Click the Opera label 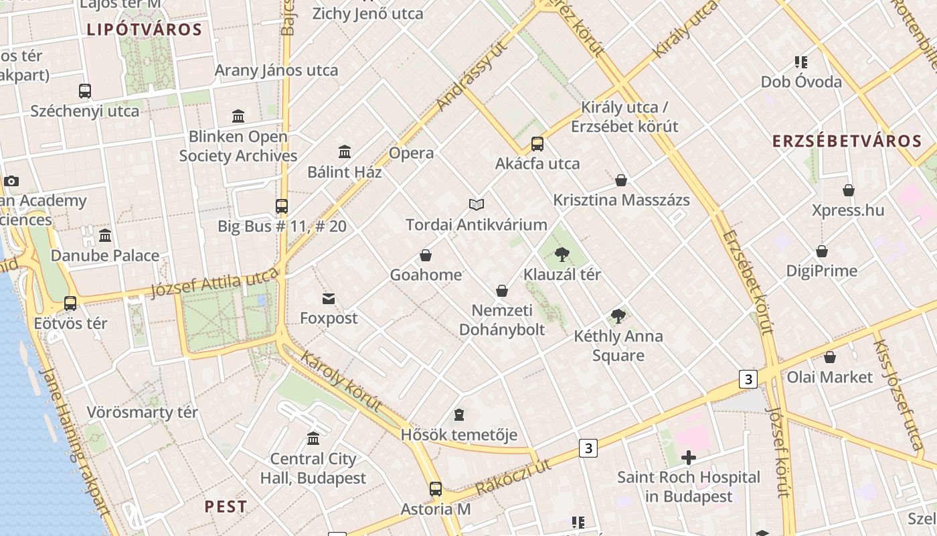[x=411, y=153]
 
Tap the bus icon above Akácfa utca [x=537, y=144]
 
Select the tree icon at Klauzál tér [x=562, y=255]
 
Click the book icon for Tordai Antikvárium [x=476, y=204]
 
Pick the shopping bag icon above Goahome [x=426, y=255]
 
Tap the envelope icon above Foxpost [x=329, y=299]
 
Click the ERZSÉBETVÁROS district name [x=847, y=141]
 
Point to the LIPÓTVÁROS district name [x=145, y=29]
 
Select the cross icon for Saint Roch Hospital [x=688, y=458]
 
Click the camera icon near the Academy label [x=11, y=181]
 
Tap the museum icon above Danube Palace [x=105, y=236]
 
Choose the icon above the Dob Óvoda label [x=800, y=62]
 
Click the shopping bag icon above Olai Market [x=830, y=357]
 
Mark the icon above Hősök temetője [x=459, y=415]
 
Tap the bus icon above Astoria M [x=436, y=489]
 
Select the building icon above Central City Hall [x=313, y=439]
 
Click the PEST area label [x=226, y=507]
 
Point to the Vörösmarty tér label [x=142, y=412]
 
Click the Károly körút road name [x=341, y=381]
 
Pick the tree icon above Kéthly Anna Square [x=618, y=316]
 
